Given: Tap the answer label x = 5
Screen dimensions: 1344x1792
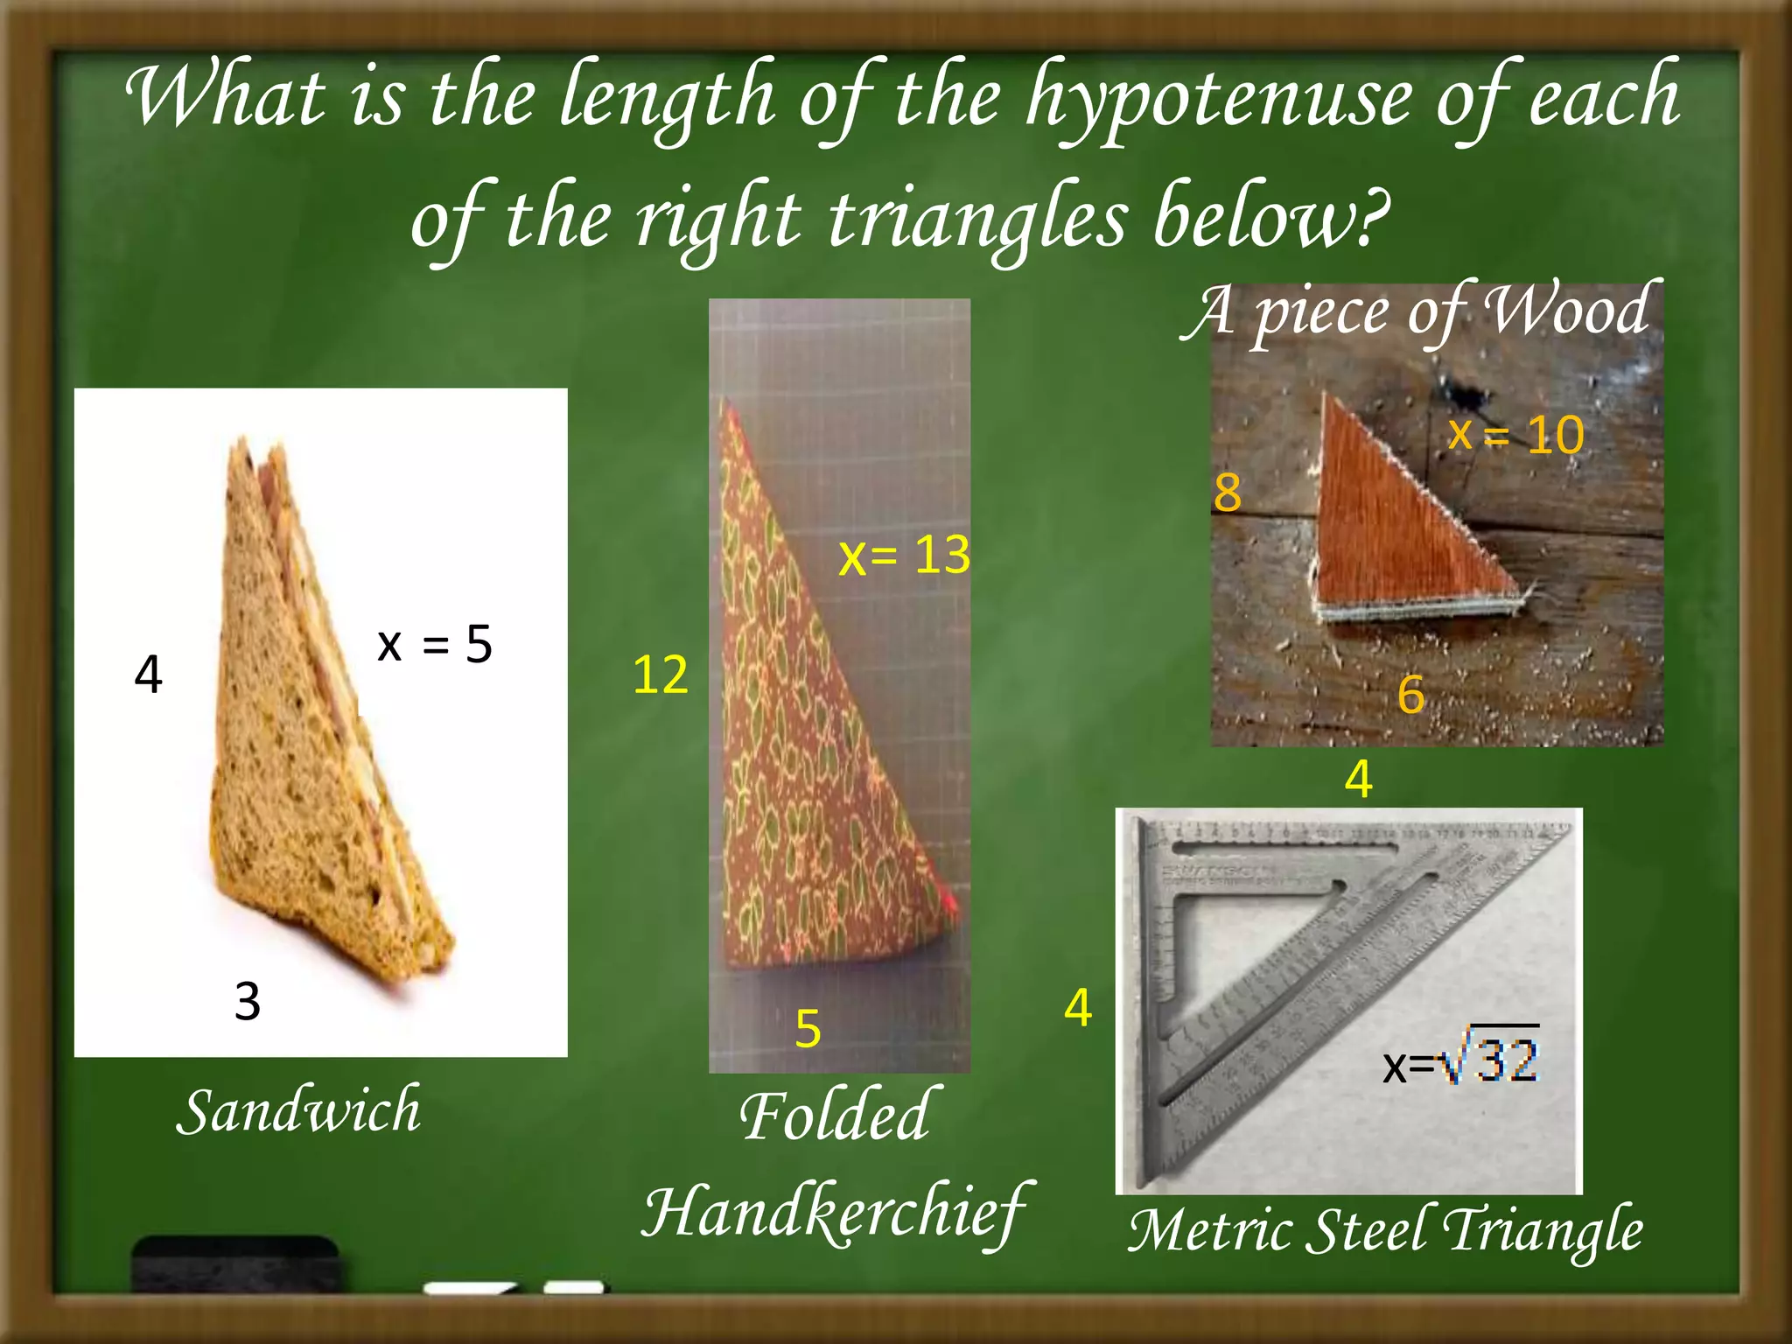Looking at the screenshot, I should pos(435,645).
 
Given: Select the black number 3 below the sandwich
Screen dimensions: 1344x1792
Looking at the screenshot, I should pos(248,1001).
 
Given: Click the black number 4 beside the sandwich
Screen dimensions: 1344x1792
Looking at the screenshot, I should pos(149,675).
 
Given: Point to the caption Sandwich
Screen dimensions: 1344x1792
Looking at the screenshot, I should pos(298,1110).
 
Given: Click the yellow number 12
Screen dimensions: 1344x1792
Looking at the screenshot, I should pos(660,675).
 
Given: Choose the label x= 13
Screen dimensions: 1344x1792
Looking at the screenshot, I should pos(904,556).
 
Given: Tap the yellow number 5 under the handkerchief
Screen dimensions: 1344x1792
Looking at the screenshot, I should pos(808,1028).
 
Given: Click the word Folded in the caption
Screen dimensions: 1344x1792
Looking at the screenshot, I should pos(836,1116).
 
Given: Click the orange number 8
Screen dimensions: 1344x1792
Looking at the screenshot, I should pos(1227,492).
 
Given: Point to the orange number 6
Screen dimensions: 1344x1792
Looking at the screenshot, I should pos(1410,695).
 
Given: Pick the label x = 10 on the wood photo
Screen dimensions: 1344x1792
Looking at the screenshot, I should pos(1515,434).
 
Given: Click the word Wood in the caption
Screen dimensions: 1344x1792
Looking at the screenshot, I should pos(1567,311).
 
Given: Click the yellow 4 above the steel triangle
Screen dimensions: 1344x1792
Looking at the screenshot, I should pos(1358,778).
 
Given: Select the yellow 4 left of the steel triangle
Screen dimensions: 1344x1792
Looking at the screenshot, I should pos(1078,1007).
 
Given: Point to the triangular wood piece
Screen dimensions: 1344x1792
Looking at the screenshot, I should pos(1400,525).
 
